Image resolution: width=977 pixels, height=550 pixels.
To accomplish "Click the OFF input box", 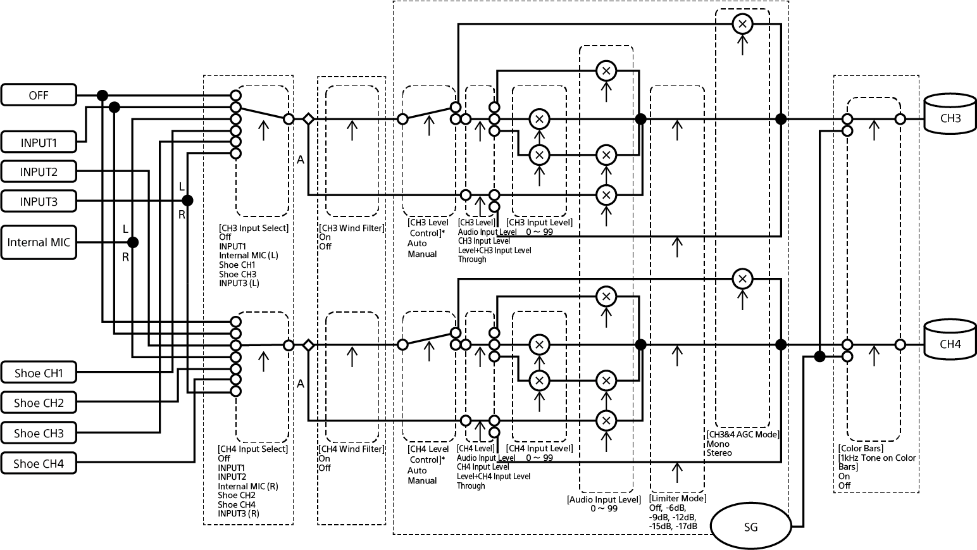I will pos(39,96).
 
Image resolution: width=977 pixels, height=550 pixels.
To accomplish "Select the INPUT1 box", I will pos(39,142).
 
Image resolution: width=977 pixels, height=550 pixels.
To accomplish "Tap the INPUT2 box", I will pos(39,172).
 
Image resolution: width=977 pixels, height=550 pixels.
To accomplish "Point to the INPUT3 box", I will pos(39,202).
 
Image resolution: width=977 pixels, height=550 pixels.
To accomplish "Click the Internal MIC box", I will pos(39,242).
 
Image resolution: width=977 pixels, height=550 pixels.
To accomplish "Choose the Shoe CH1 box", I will pos(39,373).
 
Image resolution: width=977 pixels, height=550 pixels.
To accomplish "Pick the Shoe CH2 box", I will pos(39,403).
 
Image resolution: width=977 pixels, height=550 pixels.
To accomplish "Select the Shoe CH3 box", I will pos(39,433).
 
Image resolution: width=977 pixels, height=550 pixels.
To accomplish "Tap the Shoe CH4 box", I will pos(39,463).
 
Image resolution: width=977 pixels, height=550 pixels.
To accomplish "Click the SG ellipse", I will pos(751,527).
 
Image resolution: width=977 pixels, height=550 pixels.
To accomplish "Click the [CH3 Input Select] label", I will pos(253,228).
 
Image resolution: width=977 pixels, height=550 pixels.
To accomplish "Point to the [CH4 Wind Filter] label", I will pos(351,449).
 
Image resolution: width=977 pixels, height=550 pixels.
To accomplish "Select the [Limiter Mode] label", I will pos(678,499).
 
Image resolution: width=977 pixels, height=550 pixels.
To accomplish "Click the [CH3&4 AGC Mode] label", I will pos(742,434).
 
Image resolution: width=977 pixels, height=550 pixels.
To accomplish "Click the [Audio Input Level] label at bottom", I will pos(604,499).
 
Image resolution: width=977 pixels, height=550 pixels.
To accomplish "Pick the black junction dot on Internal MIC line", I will pos(132,242).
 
